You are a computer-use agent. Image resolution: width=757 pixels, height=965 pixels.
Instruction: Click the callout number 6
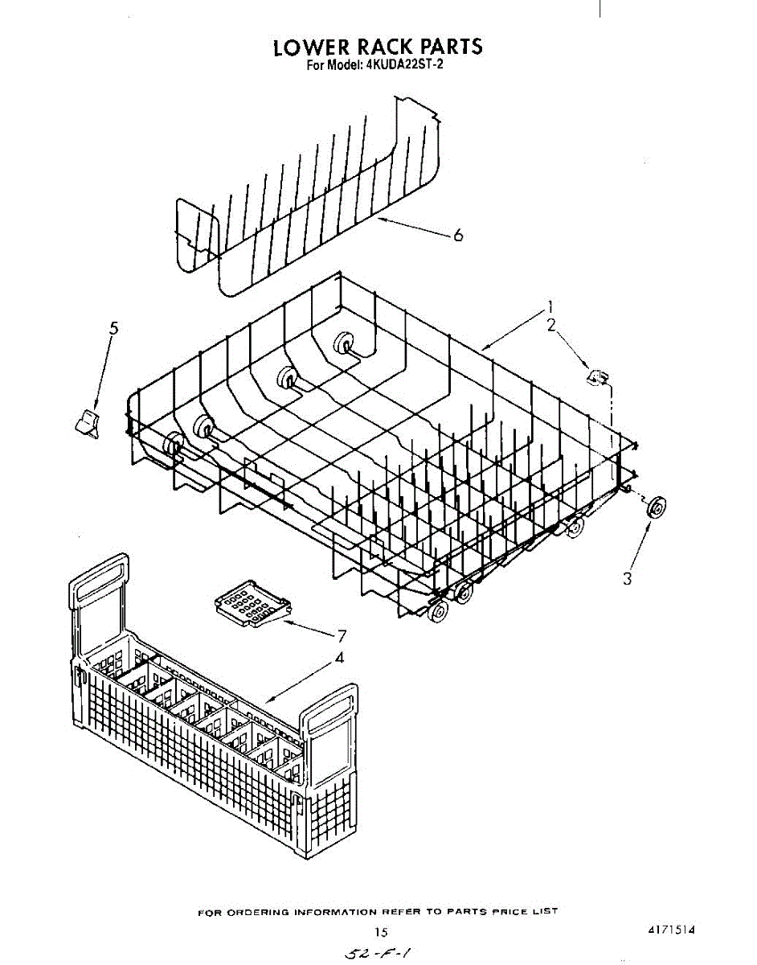click(458, 235)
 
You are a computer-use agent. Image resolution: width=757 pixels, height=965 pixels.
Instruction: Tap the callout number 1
click(551, 306)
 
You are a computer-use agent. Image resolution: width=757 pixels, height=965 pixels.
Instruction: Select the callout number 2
click(551, 325)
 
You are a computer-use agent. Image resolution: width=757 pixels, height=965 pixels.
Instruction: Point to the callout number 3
click(628, 577)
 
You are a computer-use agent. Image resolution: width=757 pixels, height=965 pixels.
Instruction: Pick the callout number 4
click(340, 657)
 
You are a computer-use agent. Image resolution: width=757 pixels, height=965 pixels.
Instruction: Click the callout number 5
click(113, 328)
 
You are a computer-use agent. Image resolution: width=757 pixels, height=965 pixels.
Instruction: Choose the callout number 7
click(342, 635)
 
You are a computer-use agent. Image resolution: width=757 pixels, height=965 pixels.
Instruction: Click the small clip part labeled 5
click(87, 421)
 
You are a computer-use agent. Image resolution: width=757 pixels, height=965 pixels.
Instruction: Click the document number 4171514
click(671, 930)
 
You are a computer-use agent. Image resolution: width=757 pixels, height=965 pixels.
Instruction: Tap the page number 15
click(382, 932)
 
